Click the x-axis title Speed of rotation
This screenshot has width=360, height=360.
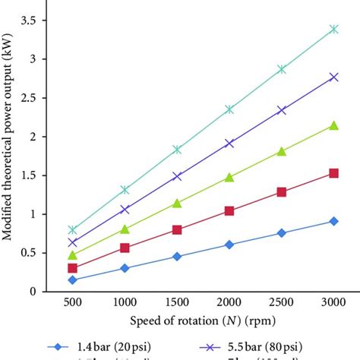pyautogui.click(x=203, y=321)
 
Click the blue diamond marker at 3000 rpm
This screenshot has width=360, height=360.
pyautogui.click(x=334, y=221)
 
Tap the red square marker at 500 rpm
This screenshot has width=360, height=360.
pyautogui.click(x=72, y=268)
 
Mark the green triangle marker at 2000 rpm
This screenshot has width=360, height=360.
pyautogui.click(x=229, y=177)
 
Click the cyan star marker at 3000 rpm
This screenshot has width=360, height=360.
pyautogui.click(x=334, y=30)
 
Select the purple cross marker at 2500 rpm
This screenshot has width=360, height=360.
pyautogui.click(x=282, y=110)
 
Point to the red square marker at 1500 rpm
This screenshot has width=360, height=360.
pyautogui.click(x=177, y=229)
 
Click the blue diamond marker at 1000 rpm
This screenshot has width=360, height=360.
pyautogui.click(x=125, y=268)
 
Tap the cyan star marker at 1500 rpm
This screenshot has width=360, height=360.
pyautogui.click(x=177, y=150)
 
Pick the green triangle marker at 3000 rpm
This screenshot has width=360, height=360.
pyautogui.click(x=334, y=125)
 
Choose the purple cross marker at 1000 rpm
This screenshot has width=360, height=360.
pyautogui.click(x=125, y=209)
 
